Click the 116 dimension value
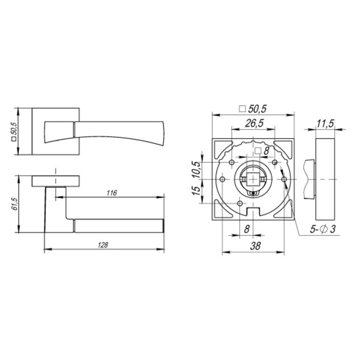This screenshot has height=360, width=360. pyautogui.click(x=112, y=193)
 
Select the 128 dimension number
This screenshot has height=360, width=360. pyautogui.click(x=103, y=245)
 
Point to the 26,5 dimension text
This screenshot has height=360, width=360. pyautogui.click(x=254, y=123)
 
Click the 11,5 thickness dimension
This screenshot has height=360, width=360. pyautogui.click(x=325, y=123)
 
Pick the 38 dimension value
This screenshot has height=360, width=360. pyautogui.click(x=255, y=246)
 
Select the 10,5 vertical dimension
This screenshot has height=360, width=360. pyautogui.click(x=196, y=170)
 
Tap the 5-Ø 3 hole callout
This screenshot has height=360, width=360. pyautogui.click(x=323, y=229)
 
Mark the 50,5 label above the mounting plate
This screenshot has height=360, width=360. pyautogui.click(x=253, y=109)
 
